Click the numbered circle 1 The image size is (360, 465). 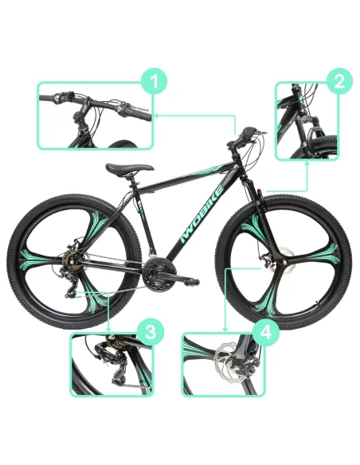[x=157, y=80]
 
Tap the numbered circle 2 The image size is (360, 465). [x=339, y=80]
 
